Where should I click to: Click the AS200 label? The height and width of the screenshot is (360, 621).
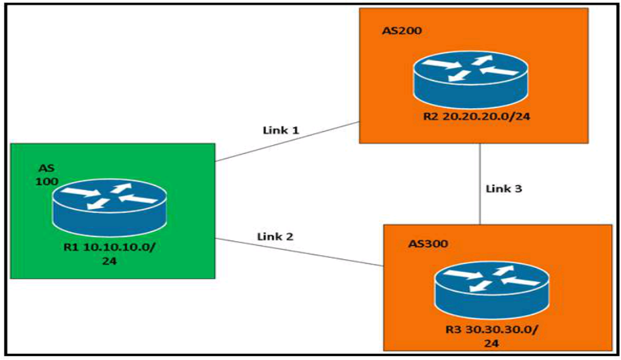tap(402, 30)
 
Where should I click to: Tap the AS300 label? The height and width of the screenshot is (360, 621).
tap(428, 243)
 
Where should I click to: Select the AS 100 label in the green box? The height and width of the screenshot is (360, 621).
tap(47, 175)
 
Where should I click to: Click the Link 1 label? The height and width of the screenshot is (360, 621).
tap(281, 130)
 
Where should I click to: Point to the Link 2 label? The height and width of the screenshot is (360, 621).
tap(276, 236)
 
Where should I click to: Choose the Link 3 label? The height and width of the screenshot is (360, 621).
tap(504, 189)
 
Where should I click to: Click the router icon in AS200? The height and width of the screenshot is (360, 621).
tap(470, 79)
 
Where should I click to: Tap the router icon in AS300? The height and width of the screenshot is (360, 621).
tap(492, 289)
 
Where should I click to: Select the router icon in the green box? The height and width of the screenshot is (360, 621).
tap(110, 208)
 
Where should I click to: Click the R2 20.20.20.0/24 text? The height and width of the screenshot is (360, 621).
tap(477, 116)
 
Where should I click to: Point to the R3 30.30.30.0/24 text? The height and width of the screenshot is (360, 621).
tap(491, 336)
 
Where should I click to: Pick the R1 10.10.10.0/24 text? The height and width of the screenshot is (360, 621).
tap(110, 254)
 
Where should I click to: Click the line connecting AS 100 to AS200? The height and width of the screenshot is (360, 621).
tap(287, 142)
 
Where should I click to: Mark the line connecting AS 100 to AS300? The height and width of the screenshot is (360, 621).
tap(300, 252)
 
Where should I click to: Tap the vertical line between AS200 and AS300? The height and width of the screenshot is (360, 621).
tap(481, 184)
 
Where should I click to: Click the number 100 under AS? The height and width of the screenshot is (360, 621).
tap(47, 181)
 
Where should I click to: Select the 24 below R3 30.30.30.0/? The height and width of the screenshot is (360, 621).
tap(491, 343)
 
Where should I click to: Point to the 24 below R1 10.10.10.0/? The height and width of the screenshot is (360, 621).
tap(110, 261)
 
